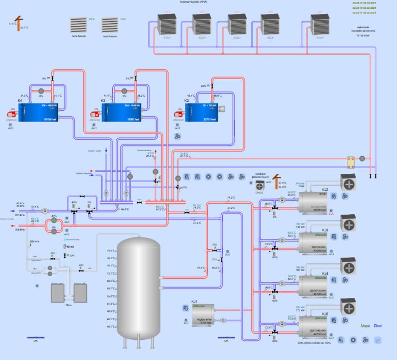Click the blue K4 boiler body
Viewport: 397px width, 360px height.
41,112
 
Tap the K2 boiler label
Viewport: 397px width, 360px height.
187,100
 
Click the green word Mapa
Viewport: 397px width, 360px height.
365,326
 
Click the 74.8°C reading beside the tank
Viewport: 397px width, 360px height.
110,251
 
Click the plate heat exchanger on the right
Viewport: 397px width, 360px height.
354,162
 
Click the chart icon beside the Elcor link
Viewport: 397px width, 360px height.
378,340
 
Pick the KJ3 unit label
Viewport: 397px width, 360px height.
325,230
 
